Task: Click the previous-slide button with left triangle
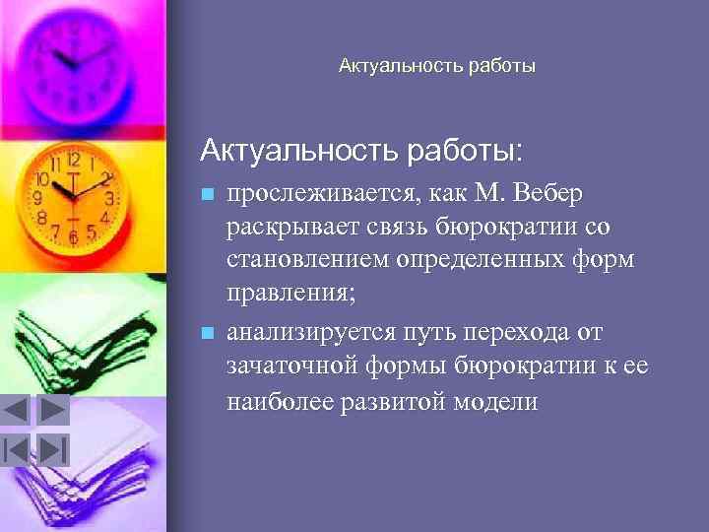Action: [18, 409]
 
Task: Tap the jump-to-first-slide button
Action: [18, 449]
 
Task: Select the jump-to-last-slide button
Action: [53, 449]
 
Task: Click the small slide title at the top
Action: [436, 67]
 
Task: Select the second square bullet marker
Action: [206, 333]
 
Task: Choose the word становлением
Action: [305, 262]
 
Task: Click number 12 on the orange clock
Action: [73, 159]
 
